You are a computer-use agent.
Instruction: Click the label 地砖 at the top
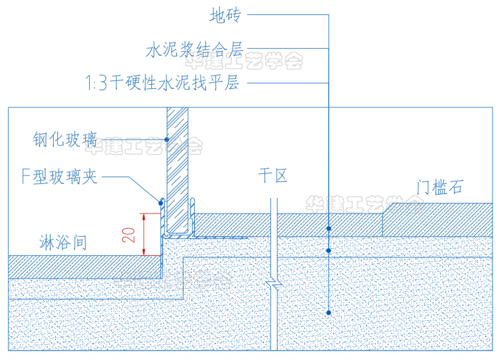(225, 16)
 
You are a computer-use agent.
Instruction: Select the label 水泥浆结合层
(195, 49)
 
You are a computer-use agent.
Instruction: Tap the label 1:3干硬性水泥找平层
(163, 83)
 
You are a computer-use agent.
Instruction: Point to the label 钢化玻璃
(65, 139)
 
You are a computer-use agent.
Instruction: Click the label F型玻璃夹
(60, 176)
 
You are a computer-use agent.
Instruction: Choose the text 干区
(272, 175)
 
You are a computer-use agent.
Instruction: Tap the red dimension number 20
(130, 234)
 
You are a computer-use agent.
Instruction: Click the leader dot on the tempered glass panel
(167, 139)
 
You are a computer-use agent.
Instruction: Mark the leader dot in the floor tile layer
(329, 229)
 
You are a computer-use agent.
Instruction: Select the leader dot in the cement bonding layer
(329, 251)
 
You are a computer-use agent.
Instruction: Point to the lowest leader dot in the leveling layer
(329, 312)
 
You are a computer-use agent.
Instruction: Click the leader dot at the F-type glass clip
(160, 201)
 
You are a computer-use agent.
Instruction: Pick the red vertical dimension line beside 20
(143, 234)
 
